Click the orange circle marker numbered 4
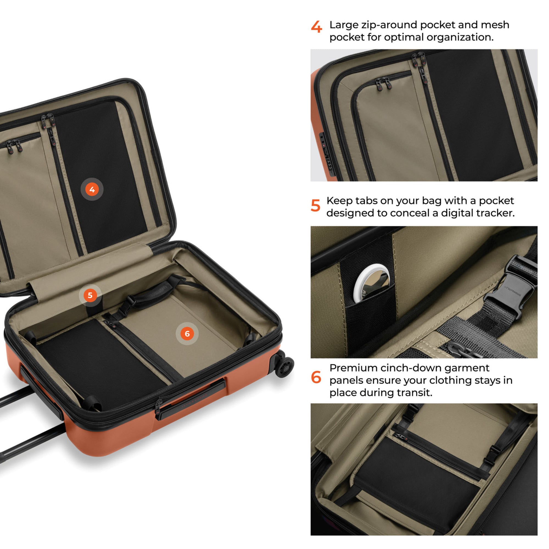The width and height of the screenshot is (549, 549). (x=92, y=189)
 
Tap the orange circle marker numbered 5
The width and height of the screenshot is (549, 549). (x=90, y=295)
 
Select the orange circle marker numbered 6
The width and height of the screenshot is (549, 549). (x=187, y=334)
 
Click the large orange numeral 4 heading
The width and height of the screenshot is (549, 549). (x=316, y=27)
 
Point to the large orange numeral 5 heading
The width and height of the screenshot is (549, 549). (x=315, y=205)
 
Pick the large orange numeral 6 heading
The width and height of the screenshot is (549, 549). (x=316, y=377)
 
